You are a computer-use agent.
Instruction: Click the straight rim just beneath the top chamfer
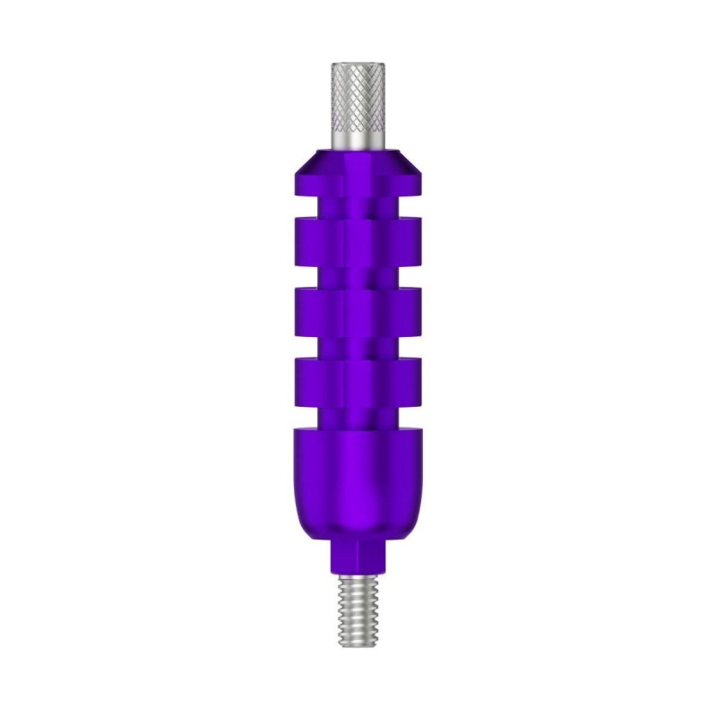358,185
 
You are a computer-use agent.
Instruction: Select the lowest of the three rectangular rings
358,380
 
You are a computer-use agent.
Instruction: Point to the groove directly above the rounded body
358,414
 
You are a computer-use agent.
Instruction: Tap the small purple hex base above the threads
358,558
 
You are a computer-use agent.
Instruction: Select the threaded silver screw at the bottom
358,609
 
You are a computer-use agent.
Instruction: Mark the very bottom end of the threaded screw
358,647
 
